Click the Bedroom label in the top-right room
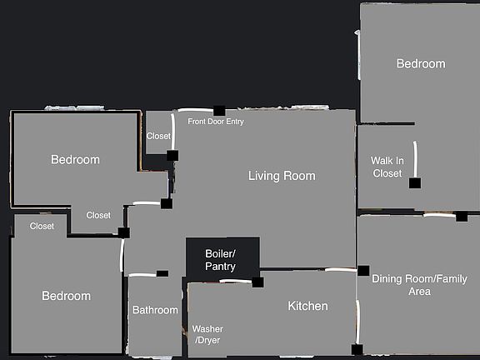pyautogui.click(x=420, y=64)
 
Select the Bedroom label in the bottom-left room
pyautogui.click(x=66, y=297)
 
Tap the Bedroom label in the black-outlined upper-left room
pyautogui.click(x=75, y=160)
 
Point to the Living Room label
pyautogui.click(x=282, y=176)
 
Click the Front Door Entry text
pyautogui.click(x=216, y=122)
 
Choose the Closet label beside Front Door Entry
pyautogui.click(x=158, y=136)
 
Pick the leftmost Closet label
pyautogui.click(x=42, y=227)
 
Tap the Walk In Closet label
pyautogui.click(x=387, y=167)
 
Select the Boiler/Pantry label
pyautogui.click(x=221, y=260)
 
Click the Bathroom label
pyautogui.click(x=155, y=311)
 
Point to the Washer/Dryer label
pyautogui.click(x=207, y=334)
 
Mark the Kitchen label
pyautogui.click(x=307, y=307)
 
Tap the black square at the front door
pyautogui.click(x=219, y=111)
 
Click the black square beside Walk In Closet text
pyautogui.click(x=414, y=182)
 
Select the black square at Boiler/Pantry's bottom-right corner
pyautogui.click(x=257, y=282)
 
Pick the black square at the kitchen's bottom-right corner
pyautogui.click(x=357, y=349)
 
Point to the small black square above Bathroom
pyautogui.click(x=162, y=273)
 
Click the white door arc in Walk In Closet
pyautogui.click(x=414, y=157)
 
